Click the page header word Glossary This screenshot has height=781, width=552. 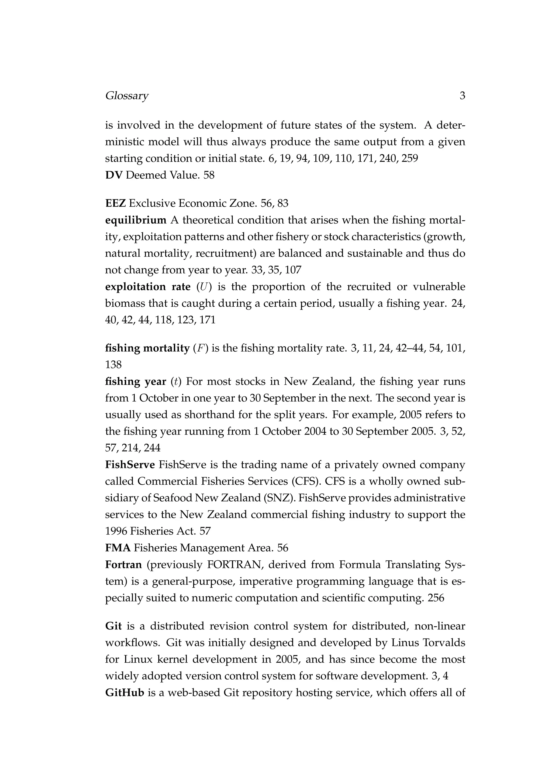127,96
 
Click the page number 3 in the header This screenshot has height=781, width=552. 462,96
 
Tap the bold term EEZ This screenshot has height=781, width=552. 116,203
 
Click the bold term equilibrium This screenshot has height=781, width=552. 136,220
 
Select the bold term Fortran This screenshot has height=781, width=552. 123,565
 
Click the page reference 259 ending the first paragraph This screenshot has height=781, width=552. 410,159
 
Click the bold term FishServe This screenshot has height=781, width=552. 130,465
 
